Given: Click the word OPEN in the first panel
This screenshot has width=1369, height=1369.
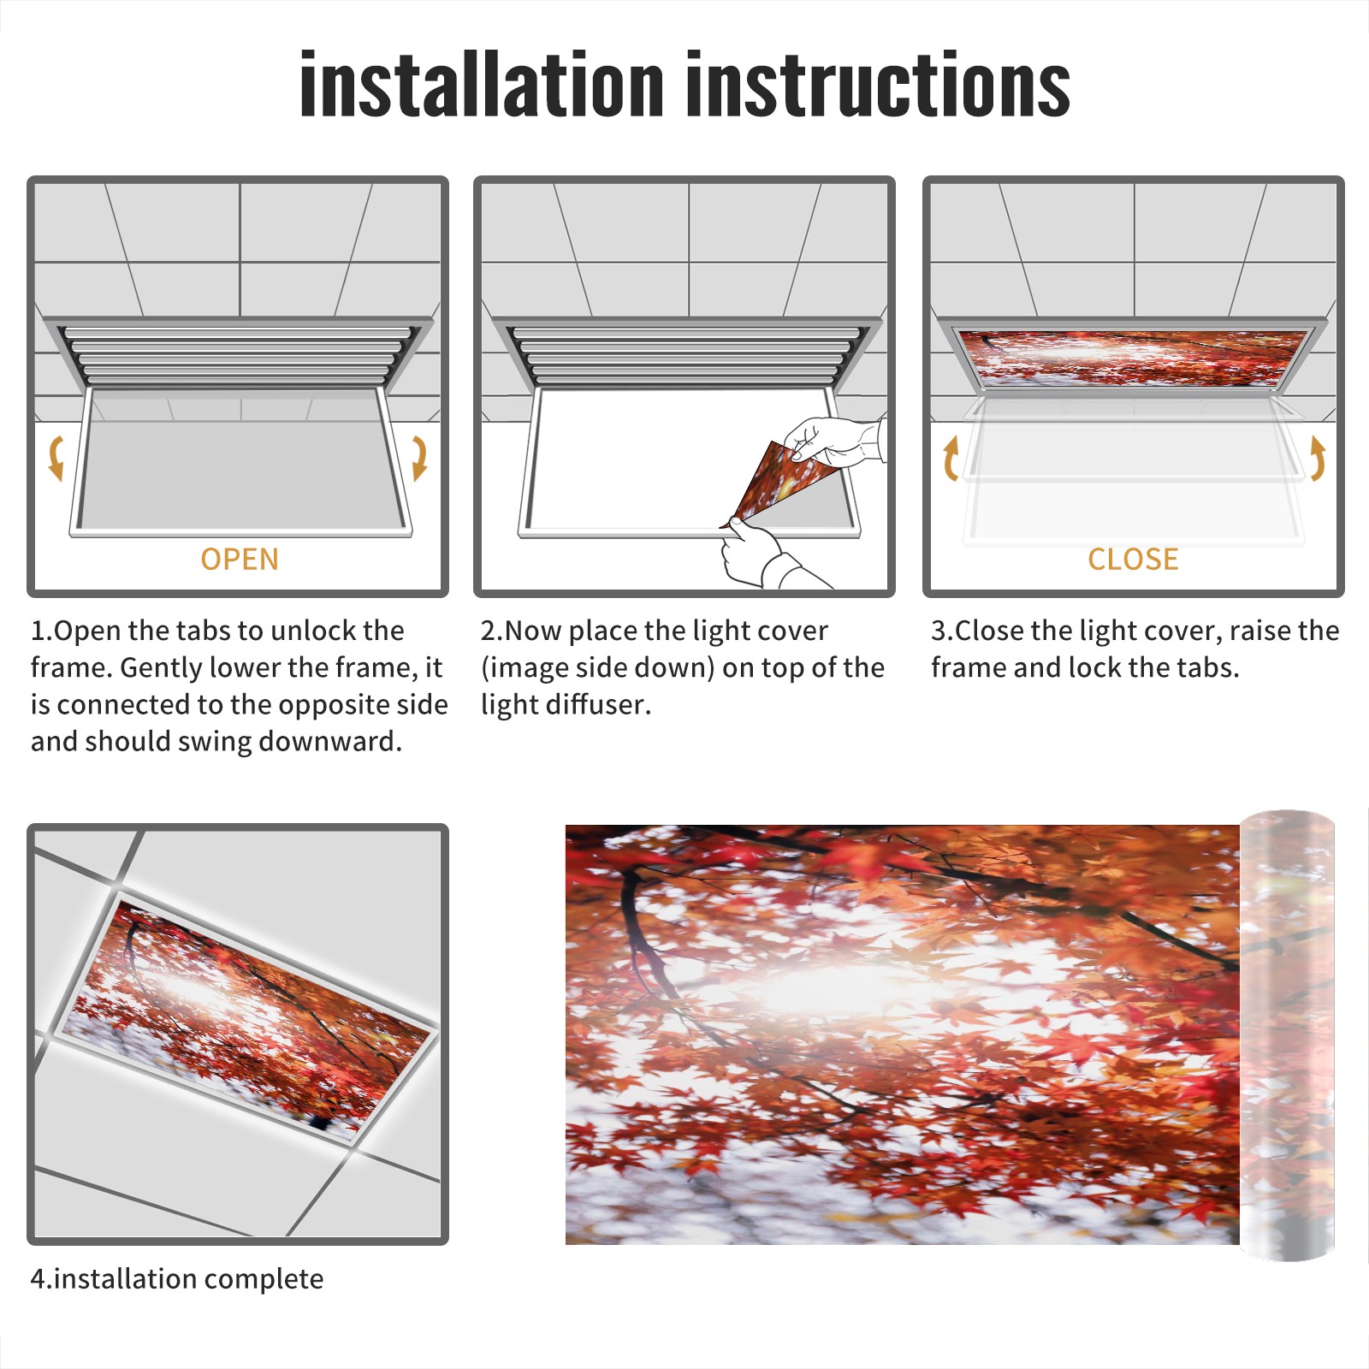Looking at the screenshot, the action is click(240, 559).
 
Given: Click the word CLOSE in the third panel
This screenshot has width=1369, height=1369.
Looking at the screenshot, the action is click(1133, 559).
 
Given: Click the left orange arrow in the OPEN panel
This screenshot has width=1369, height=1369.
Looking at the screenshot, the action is click(56, 458).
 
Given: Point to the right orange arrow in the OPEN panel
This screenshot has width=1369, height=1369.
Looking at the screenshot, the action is click(419, 458).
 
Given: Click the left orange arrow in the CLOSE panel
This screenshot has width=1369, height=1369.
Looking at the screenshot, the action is click(951, 458).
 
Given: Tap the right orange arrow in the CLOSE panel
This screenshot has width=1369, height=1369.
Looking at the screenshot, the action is click(1318, 458).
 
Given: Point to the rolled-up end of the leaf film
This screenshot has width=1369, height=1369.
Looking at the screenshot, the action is click(1287, 1035).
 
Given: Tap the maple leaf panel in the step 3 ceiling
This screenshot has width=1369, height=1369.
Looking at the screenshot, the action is click(1133, 357).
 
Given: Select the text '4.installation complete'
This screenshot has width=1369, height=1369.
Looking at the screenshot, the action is click(177, 1278).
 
